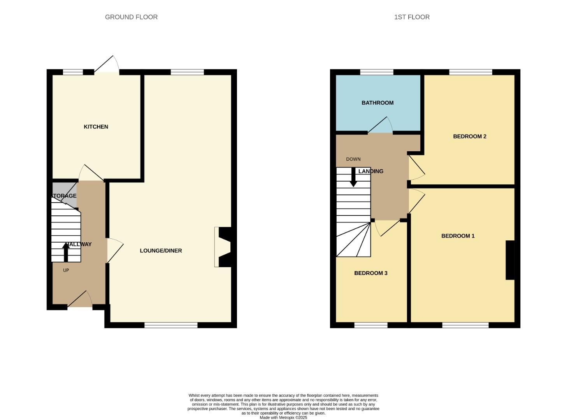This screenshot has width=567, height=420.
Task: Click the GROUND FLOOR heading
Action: click(x=131, y=17)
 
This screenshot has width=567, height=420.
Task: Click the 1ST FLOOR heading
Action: click(x=412, y=17)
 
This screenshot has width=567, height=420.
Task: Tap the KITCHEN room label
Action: click(x=96, y=127)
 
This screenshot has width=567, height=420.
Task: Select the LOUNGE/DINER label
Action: click(x=161, y=251)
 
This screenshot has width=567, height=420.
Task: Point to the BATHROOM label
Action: click(x=377, y=103)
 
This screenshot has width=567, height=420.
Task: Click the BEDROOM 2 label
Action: click(x=469, y=136)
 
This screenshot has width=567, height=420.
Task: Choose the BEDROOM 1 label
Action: click(x=458, y=236)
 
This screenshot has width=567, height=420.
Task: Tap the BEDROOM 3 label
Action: click(x=370, y=273)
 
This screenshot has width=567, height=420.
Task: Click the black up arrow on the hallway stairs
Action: click(x=66, y=252)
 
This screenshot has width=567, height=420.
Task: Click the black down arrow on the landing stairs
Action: click(x=353, y=177)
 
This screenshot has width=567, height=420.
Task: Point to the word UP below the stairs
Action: click(x=66, y=270)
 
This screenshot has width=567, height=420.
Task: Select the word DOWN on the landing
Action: click(x=353, y=159)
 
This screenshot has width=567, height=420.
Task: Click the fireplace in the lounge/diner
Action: click(x=223, y=247)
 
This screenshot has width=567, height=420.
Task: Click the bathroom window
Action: click(x=376, y=72)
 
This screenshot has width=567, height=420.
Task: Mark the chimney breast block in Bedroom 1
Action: click(x=510, y=260)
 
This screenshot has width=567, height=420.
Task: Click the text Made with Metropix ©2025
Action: click(x=283, y=418)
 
